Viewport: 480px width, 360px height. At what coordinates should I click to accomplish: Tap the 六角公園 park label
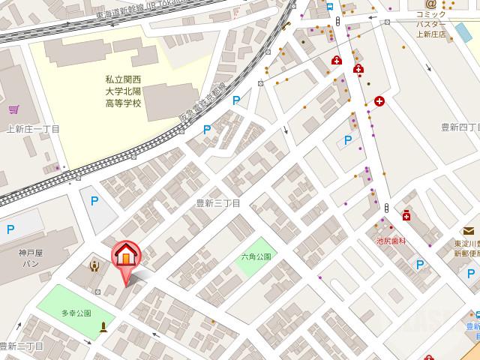256,256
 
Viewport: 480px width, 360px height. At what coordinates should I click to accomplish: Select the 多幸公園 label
76,313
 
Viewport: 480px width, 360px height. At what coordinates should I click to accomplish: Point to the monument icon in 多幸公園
103,325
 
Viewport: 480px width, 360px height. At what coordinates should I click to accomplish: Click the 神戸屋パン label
31,258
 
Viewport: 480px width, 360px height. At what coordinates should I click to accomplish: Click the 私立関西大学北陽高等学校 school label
123,90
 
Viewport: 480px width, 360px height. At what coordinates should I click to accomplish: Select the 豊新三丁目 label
217,203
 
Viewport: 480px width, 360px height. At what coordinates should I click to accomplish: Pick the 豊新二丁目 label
22,346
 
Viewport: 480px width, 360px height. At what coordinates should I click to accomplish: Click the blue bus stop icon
331,6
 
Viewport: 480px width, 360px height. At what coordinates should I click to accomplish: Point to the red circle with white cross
380,100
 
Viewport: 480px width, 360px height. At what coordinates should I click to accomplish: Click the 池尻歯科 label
391,241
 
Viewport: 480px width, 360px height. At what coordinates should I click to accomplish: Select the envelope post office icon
469,230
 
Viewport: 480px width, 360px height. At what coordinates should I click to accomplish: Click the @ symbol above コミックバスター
430,4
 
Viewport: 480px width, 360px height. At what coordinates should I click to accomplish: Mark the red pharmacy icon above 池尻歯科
406,216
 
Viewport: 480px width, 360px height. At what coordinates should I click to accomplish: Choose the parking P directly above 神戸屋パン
10,229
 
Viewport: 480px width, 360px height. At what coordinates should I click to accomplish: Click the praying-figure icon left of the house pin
94,265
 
